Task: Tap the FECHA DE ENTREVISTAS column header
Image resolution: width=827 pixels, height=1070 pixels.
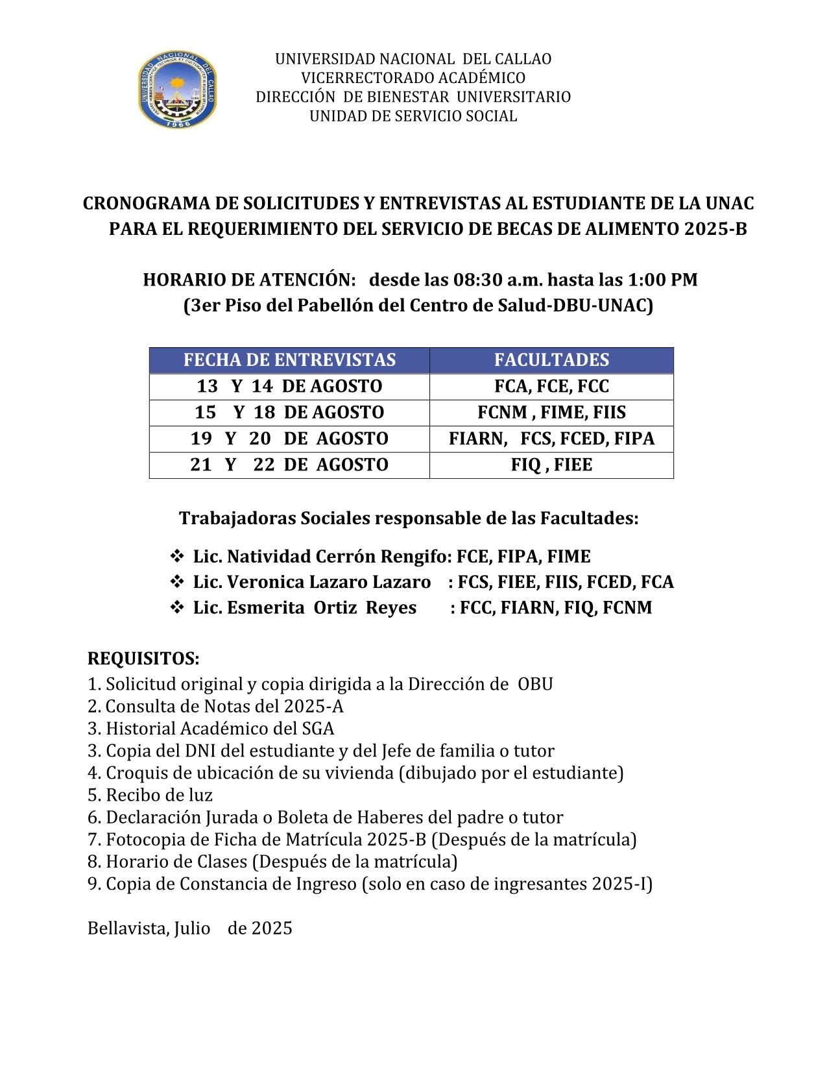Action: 289,360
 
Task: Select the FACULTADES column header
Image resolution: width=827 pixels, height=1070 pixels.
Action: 551,360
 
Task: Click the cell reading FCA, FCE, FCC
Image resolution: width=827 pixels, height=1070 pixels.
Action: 551,387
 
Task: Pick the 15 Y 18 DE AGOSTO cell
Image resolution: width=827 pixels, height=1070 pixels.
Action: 289,413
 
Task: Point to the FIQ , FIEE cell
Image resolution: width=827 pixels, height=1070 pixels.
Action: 551,465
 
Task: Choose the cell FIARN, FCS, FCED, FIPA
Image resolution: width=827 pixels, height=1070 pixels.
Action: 551,439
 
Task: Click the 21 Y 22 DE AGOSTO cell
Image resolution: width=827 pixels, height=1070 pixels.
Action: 289,465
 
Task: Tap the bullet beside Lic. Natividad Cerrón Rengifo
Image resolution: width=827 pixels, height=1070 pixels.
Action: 176,557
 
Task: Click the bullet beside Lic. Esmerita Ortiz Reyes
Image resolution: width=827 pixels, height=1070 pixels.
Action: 176,608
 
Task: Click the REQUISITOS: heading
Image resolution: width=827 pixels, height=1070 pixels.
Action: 143,659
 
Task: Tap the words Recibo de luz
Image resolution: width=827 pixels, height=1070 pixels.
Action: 159,795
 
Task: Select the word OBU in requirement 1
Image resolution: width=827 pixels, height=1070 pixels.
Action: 535,685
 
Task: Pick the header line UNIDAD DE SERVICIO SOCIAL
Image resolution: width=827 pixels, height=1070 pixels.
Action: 413,117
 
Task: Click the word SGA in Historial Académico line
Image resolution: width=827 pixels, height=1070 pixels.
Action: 318,729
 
